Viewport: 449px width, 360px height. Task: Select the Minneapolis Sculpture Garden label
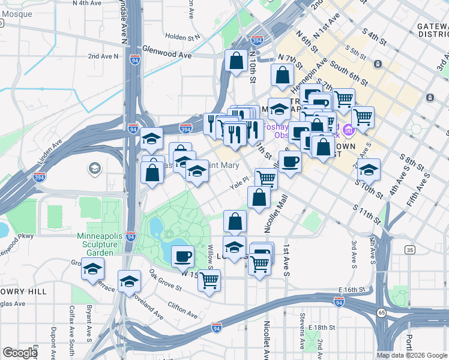point(96,244)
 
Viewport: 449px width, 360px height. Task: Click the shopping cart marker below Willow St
point(209,279)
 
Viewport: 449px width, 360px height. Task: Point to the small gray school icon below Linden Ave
point(94,169)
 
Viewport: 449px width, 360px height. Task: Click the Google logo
point(20,353)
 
